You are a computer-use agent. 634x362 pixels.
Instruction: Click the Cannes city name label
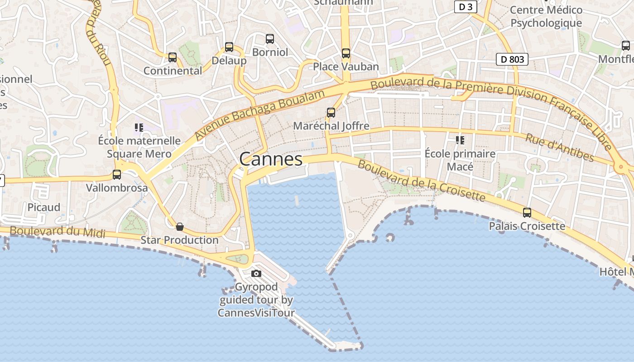coord(271,159)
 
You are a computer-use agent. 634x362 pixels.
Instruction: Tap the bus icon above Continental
coord(173,57)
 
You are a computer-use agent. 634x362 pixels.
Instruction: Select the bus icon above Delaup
coord(229,47)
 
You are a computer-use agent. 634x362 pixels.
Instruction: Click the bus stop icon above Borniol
coord(270,39)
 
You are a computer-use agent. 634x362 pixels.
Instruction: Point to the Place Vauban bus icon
coord(346,53)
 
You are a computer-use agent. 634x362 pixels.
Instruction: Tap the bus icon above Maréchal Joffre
coord(331,113)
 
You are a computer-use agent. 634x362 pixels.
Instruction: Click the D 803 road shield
coord(512,59)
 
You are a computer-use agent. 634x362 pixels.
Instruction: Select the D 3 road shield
coord(466,7)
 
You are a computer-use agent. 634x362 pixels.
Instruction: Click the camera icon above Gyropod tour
coord(256,273)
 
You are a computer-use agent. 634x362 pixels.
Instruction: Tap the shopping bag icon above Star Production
coord(180,227)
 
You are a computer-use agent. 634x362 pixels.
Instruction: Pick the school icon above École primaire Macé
coord(460,140)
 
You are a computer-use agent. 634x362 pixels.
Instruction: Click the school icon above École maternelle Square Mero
coord(139,128)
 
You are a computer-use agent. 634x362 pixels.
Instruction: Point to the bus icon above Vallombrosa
coord(117,174)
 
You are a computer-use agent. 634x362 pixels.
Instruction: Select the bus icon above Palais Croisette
coord(527,212)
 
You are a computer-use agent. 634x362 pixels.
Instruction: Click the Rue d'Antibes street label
coord(559,147)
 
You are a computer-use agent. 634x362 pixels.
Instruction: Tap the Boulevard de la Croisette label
coord(421,180)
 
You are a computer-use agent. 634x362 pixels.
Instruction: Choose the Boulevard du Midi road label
coord(58,232)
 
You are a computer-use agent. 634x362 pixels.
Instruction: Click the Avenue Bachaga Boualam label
coord(260,114)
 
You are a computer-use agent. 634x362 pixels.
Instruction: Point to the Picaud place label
coord(44,207)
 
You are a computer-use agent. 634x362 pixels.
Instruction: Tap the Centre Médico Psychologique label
coord(546,16)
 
